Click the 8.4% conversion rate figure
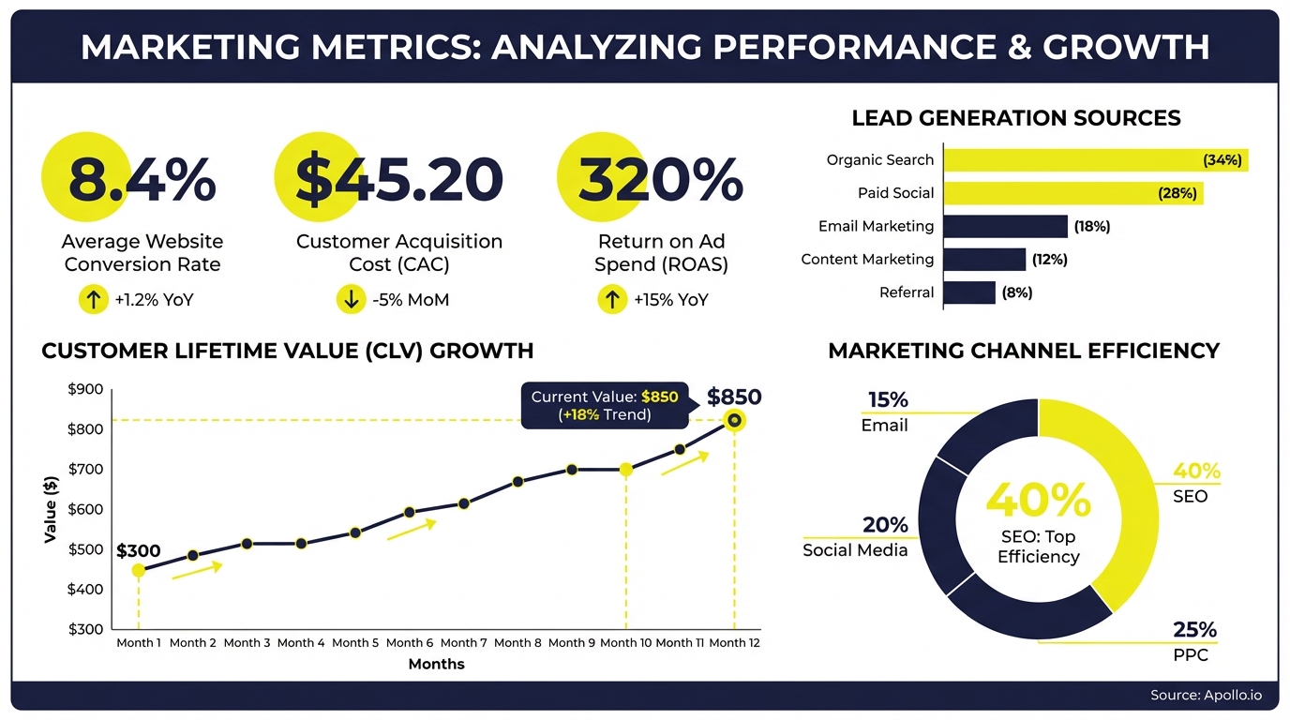(x=142, y=180)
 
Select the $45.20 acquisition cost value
(x=399, y=180)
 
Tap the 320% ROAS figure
(x=660, y=180)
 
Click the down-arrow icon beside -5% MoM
(x=349, y=300)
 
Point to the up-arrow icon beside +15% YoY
(x=611, y=300)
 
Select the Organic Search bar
(x=1095, y=160)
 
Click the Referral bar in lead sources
(x=968, y=292)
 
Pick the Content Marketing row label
(x=867, y=260)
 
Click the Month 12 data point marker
(x=735, y=421)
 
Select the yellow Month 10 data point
(x=626, y=469)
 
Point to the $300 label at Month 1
(x=139, y=551)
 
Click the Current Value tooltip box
(x=605, y=405)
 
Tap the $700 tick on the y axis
(x=86, y=469)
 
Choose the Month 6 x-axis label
(x=410, y=643)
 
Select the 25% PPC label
(x=1195, y=629)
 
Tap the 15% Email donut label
(x=887, y=400)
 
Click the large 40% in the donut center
(x=1038, y=500)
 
